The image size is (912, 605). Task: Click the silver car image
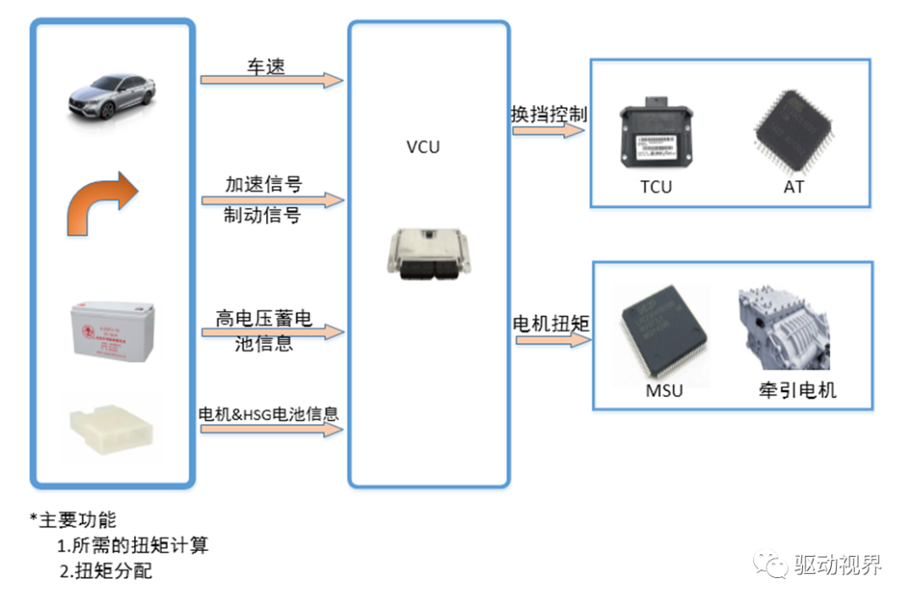point(111,95)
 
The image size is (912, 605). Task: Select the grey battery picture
point(111,332)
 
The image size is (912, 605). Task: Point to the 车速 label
point(265,65)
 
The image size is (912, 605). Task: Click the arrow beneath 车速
point(271,80)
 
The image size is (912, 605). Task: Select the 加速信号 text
point(263,183)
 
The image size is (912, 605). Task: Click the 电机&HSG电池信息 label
point(268,414)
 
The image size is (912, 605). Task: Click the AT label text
point(794,187)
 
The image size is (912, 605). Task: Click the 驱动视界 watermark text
point(838,565)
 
